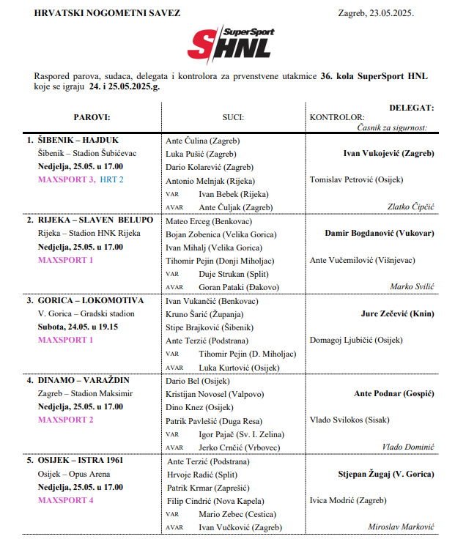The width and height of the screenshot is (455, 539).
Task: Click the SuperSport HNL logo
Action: pos(228,45)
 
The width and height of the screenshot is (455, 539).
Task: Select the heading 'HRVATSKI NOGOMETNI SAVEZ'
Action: pos(97,13)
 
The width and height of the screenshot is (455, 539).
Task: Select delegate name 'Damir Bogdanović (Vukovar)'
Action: pos(379,234)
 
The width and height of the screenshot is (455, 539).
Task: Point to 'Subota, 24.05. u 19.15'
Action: pos(80,327)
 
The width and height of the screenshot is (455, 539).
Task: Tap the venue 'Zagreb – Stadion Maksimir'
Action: pos(85,394)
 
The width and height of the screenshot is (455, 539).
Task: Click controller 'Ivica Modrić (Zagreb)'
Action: pos(347,501)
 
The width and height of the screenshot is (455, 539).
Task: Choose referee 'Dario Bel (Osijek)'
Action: pos(198,381)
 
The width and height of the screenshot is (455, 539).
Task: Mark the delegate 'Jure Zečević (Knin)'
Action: pos(397,313)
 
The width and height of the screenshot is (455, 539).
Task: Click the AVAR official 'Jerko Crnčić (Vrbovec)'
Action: pos(237,447)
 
